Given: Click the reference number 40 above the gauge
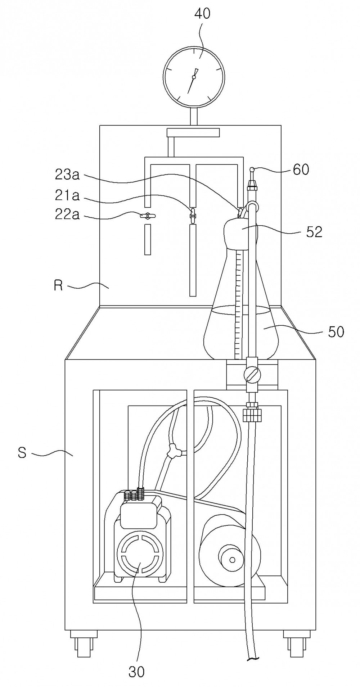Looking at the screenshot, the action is (x=202, y=14).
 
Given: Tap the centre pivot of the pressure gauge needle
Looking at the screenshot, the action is (x=194, y=77).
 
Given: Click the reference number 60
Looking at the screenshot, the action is (x=301, y=170).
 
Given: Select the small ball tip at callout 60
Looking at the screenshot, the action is (x=253, y=169).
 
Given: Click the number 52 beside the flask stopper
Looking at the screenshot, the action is (x=314, y=232).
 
